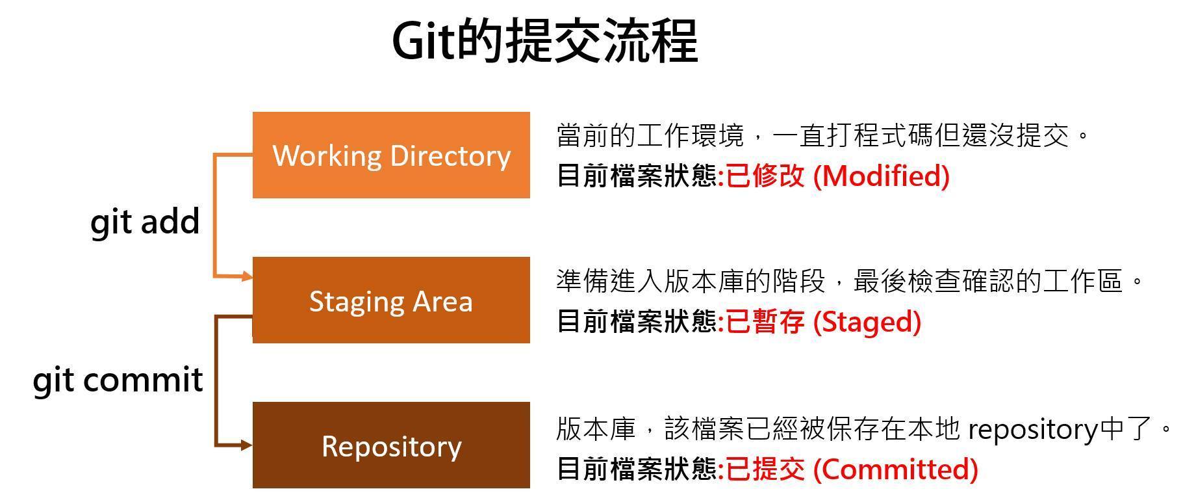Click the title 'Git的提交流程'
click(x=545, y=41)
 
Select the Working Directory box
click(x=391, y=155)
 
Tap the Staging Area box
click(x=391, y=300)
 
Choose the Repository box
click(x=391, y=445)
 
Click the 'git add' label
click(x=145, y=222)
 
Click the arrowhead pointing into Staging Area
click(x=247, y=277)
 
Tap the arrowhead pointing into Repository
click(x=247, y=445)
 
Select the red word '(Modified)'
click(x=882, y=176)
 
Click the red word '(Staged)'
click(x=867, y=321)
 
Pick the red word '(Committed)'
click(x=896, y=469)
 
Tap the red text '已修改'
click(x=765, y=176)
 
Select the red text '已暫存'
click(x=765, y=321)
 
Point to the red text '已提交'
click(x=765, y=469)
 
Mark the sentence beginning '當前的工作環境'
click(x=822, y=136)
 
